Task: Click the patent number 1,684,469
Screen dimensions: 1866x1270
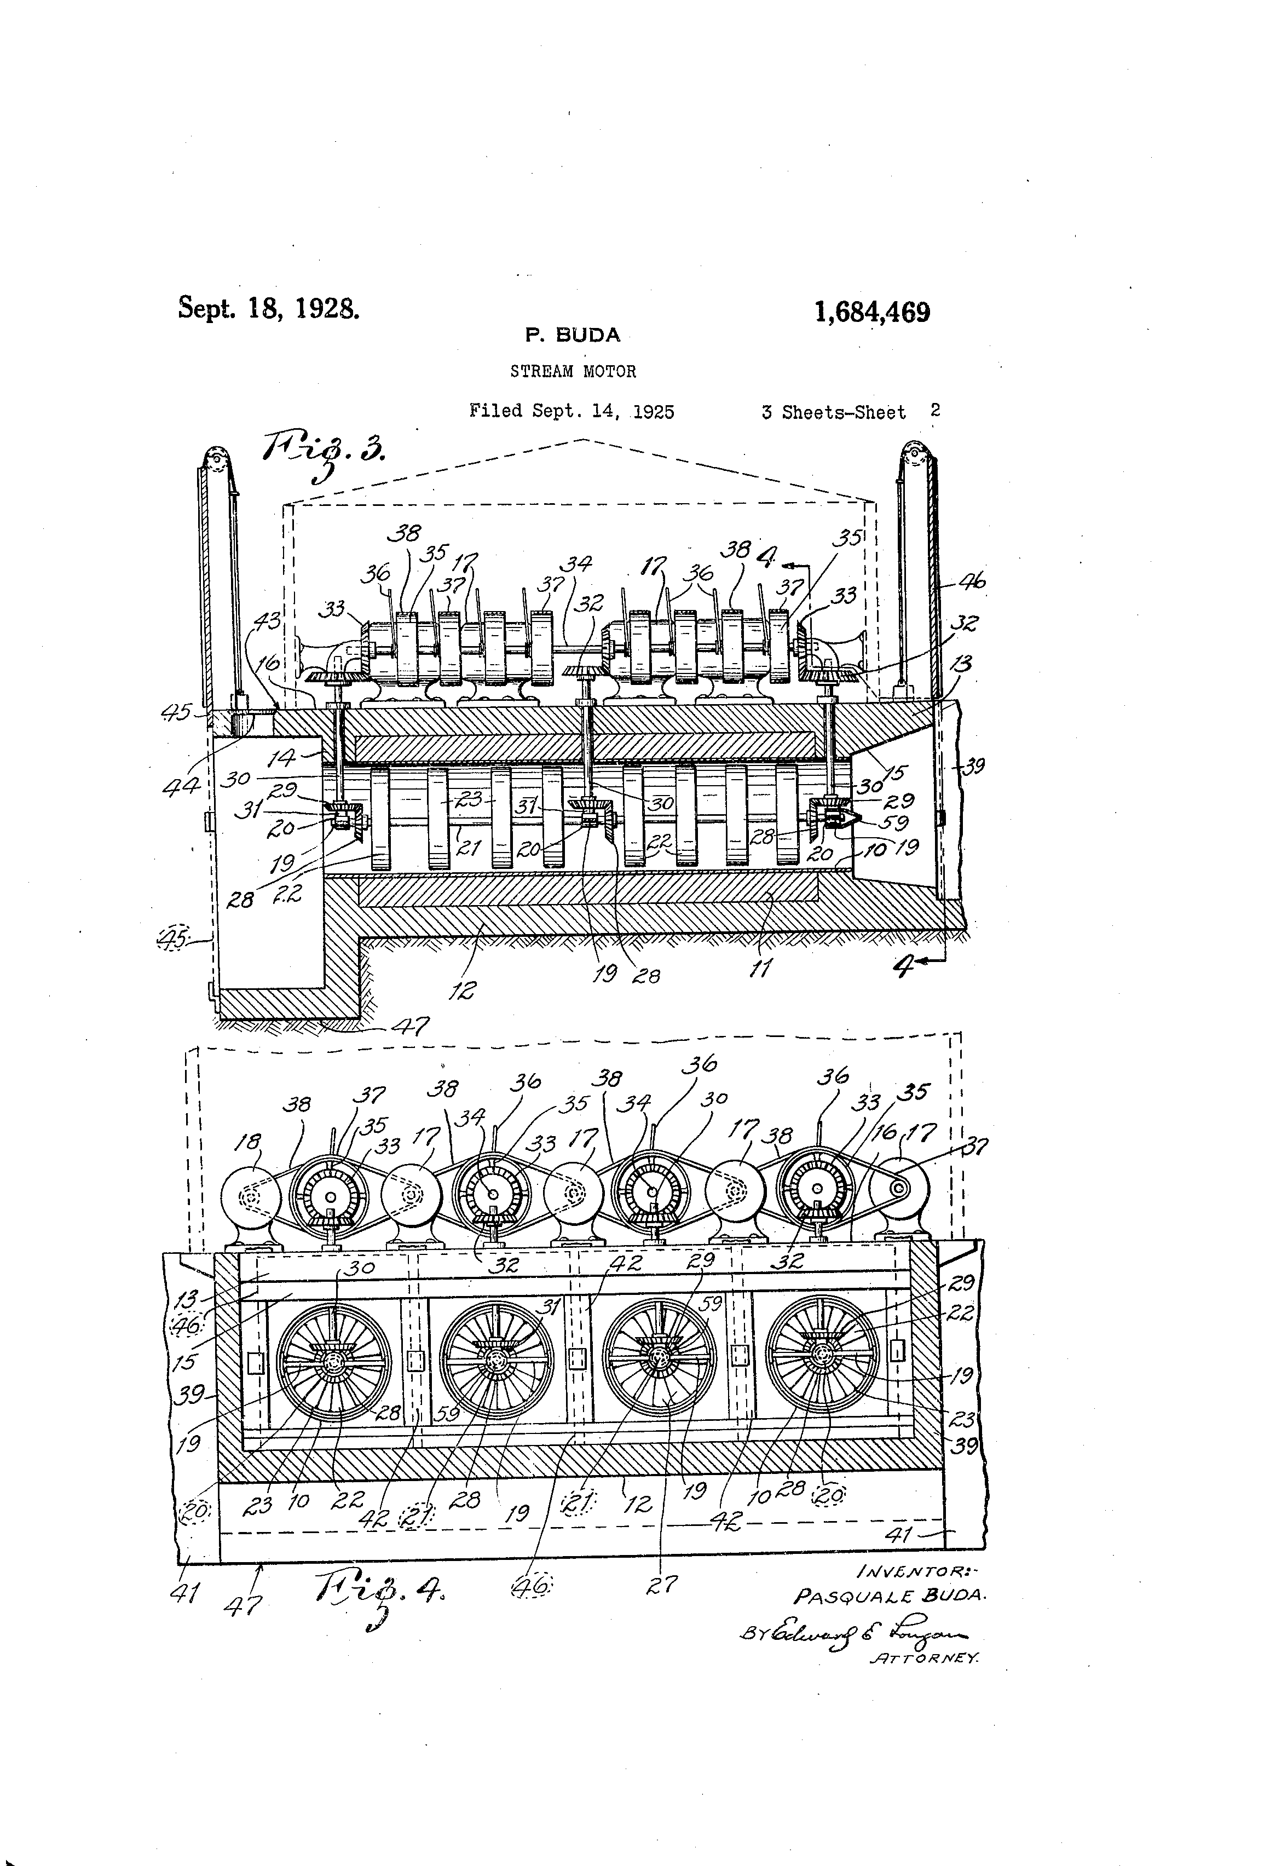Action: [x=872, y=312]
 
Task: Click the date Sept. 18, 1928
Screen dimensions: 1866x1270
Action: [x=268, y=308]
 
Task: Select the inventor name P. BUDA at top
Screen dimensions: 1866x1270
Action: [x=573, y=336]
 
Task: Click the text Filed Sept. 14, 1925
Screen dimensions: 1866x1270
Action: [x=571, y=412]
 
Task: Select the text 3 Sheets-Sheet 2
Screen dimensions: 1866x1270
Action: [x=850, y=412]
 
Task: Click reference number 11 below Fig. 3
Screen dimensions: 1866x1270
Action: [x=759, y=969]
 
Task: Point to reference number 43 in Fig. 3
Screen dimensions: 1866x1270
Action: [x=267, y=621]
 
